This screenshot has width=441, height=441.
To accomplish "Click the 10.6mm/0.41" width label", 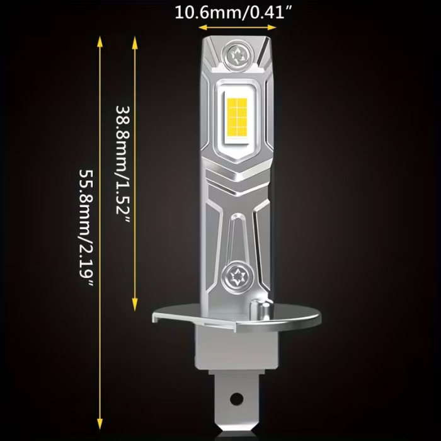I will point(236,12).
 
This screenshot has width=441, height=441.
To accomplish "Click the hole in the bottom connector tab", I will point(236,398).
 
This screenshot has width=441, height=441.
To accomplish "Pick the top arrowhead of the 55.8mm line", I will point(100,42).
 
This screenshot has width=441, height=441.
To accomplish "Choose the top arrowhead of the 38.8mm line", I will point(135,42).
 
